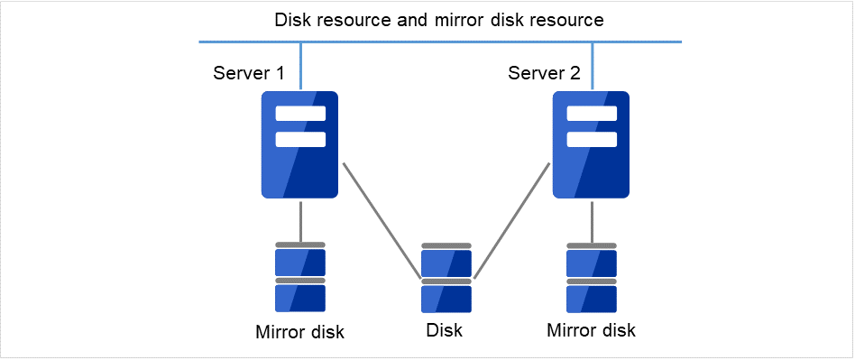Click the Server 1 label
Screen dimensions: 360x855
249,73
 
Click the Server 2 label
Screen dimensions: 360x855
544,73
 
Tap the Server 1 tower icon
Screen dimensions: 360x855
299,144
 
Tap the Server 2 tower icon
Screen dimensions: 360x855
591,144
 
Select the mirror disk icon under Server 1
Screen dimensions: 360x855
300,277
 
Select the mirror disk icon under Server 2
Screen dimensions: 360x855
592,277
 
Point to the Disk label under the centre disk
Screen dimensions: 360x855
444,330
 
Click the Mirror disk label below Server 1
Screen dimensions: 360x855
299,332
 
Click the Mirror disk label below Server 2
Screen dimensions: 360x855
591,330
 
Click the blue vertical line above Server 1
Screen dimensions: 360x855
300,66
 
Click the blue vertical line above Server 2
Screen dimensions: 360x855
592,66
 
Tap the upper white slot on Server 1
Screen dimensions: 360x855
300,114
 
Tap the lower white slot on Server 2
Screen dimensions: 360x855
592,140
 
